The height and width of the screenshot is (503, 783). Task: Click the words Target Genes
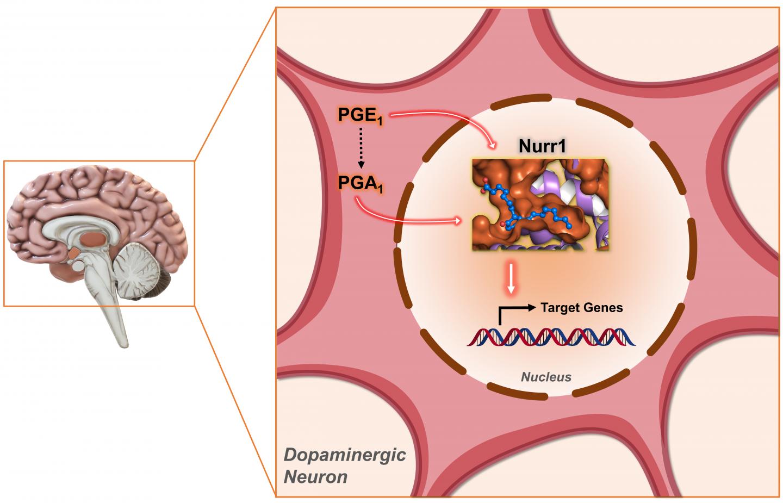click(582, 308)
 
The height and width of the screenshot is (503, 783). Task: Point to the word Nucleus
click(546, 376)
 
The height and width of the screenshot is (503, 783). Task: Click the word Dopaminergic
click(345, 455)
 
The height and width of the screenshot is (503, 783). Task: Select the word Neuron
click(316, 477)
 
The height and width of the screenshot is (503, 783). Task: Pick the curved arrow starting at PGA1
click(402, 218)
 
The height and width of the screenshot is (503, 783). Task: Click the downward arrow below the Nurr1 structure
click(510, 280)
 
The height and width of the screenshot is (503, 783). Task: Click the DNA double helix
click(550, 337)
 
